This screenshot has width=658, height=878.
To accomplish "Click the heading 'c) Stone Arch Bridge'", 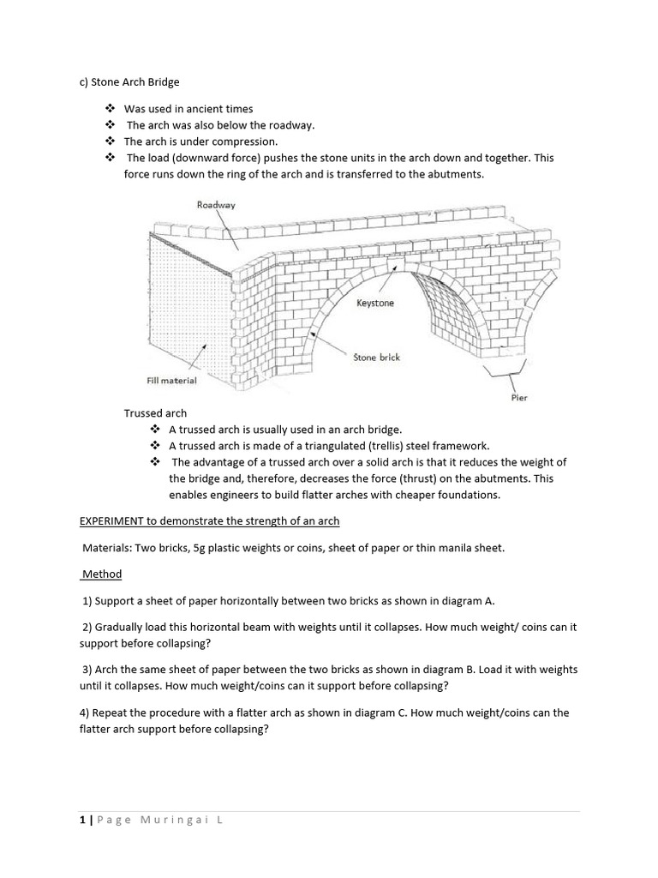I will point(129,82).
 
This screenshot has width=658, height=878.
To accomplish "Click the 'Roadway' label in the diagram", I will point(216,205).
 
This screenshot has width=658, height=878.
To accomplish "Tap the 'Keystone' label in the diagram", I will point(375,304).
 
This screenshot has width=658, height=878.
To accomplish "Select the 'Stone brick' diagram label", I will point(377,357).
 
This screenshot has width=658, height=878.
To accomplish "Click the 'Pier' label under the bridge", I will point(519,398).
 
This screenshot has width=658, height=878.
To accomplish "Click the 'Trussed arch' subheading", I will point(155,413).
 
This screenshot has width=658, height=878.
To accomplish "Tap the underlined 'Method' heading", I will point(102,574).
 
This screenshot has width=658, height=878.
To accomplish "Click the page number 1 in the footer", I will point(81,820).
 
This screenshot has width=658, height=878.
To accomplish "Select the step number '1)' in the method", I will point(87,600).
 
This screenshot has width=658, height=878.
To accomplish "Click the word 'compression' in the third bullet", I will point(248,141).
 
